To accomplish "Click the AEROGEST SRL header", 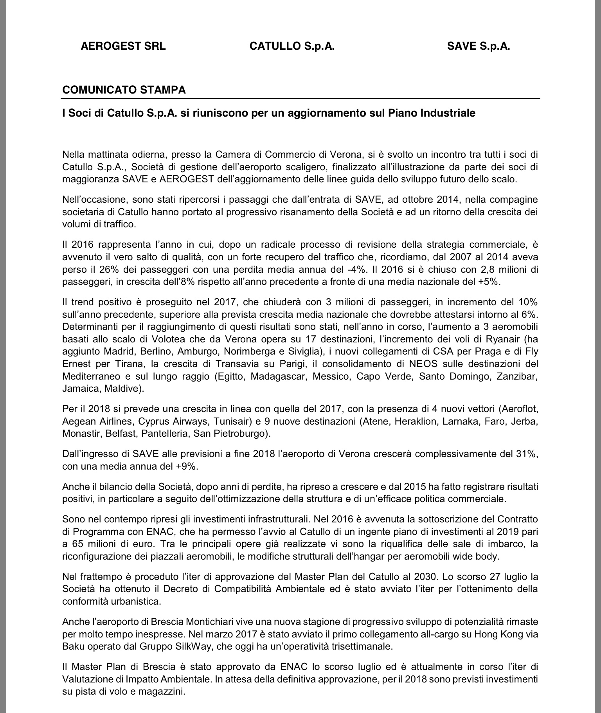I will [x=123, y=46].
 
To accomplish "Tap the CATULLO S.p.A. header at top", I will [x=292, y=46].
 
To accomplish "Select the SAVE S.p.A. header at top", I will [x=478, y=46].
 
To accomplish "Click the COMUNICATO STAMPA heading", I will [x=124, y=90].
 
